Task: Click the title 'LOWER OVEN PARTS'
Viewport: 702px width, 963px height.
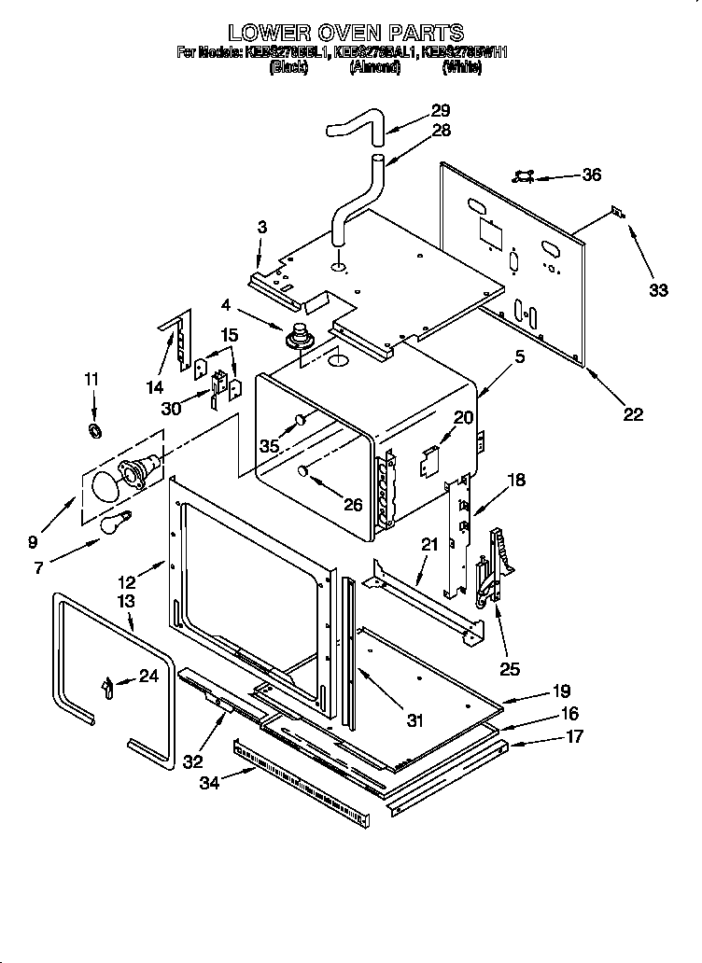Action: tap(346, 35)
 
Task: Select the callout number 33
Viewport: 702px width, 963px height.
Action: tap(658, 290)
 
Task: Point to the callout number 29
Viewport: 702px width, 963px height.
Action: tap(441, 110)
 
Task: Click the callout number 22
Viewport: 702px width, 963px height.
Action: tap(633, 415)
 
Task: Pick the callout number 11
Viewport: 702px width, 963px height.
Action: tap(91, 379)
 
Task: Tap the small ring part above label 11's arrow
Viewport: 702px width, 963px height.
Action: tap(94, 429)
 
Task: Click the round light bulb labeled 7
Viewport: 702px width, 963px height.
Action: tap(115, 522)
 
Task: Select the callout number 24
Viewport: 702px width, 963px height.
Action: tap(148, 677)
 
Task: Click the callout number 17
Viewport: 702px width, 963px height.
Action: tap(575, 736)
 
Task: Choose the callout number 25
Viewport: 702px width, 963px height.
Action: tap(509, 668)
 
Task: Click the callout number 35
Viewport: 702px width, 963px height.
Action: tap(269, 446)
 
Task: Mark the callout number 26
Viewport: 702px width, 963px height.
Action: tap(352, 505)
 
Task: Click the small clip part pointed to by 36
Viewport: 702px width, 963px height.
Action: tap(525, 174)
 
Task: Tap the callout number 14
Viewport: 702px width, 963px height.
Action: tap(155, 386)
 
